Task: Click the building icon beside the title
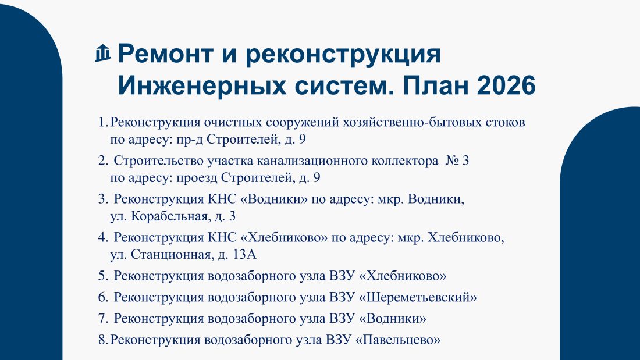click(x=102, y=53)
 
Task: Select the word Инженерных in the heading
click(x=202, y=85)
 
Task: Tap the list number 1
click(x=103, y=122)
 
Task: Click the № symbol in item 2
click(x=451, y=161)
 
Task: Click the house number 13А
click(x=244, y=254)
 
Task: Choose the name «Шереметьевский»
click(x=418, y=297)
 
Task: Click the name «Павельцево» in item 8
click(x=398, y=340)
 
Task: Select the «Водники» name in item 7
click(x=392, y=318)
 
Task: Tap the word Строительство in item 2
click(x=158, y=161)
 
